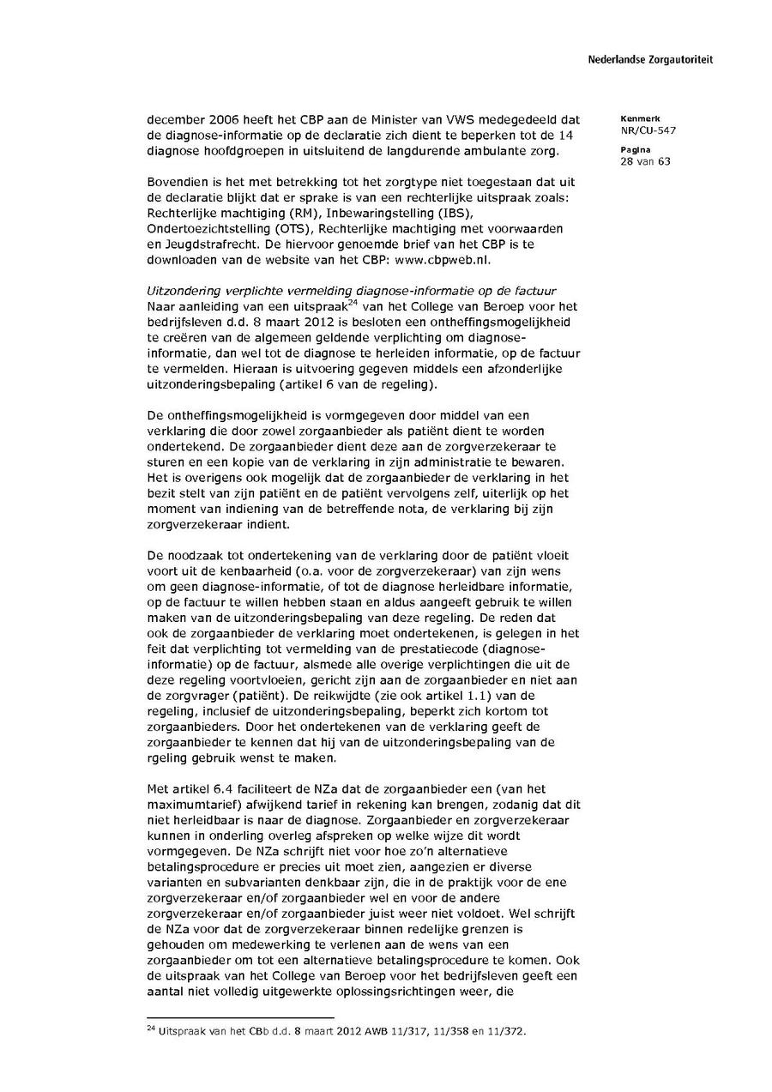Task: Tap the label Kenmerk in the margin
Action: coord(636,118)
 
